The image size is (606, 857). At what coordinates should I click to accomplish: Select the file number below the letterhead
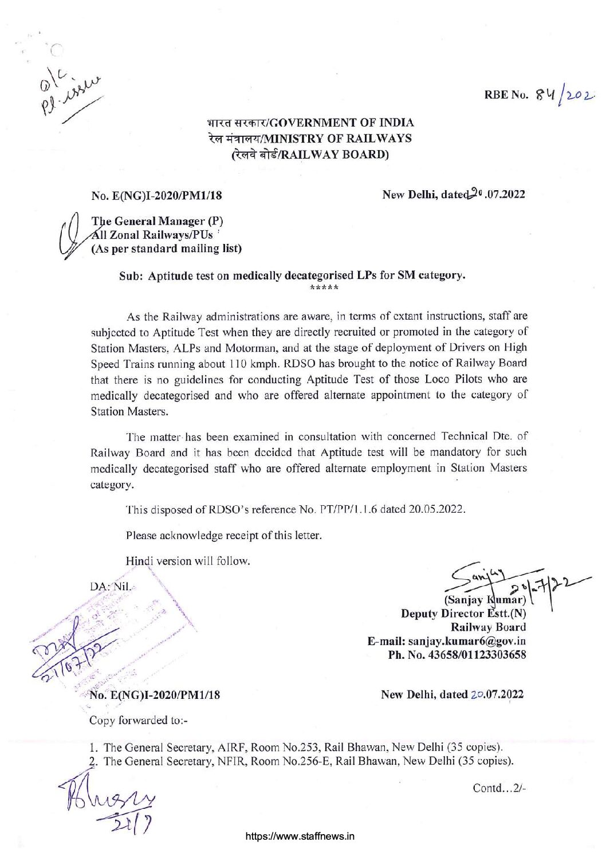point(156,195)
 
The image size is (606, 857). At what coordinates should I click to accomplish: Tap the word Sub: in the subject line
point(131,276)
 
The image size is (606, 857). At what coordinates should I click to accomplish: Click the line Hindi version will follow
point(188,561)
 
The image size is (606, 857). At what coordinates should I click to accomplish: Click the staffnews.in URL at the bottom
point(300,836)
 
